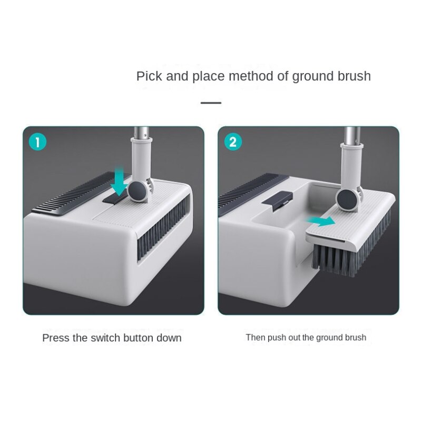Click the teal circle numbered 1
[38, 142]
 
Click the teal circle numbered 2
[233, 142]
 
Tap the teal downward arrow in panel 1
[119, 181]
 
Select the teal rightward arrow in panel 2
[320, 222]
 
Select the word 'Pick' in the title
[149, 76]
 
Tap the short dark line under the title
[211, 103]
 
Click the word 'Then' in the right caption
[256, 337]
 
